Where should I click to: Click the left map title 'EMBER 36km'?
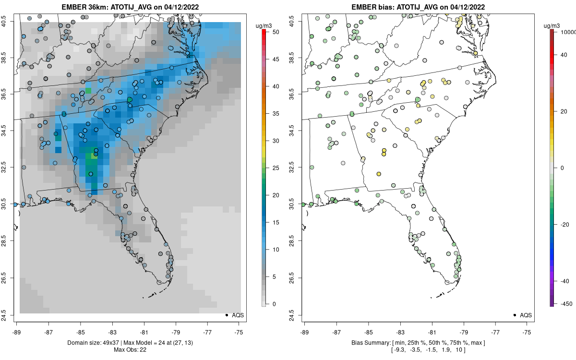[x=84, y=7]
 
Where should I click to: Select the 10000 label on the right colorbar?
[x=567, y=32]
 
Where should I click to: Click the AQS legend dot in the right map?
[x=515, y=315]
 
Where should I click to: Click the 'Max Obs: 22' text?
[x=130, y=349]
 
